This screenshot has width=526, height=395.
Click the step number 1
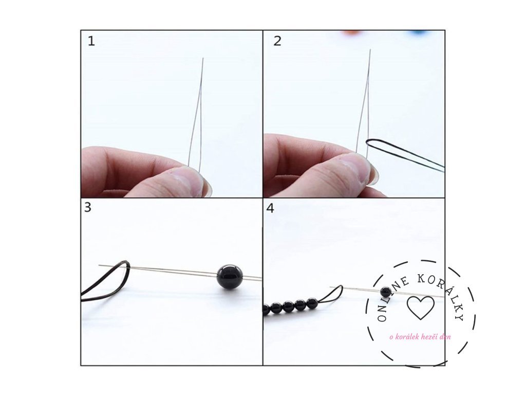pyautogui.click(x=91, y=41)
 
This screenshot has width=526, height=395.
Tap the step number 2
pyautogui.click(x=277, y=41)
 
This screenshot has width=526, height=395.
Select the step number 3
pyautogui.click(x=87, y=207)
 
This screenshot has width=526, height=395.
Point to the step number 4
pyautogui.click(x=270, y=208)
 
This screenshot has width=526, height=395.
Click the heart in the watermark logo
pyautogui.click(x=420, y=308)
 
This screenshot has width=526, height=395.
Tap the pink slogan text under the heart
pyautogui.click(x=420, y=336)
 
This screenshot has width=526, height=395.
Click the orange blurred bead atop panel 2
pyautogui.click(x=350, y=32)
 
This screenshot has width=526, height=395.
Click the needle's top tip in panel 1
pyautogui.click(x=203, y=58)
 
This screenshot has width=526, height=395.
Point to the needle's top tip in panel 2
pyautogui.click(x=370, y=50)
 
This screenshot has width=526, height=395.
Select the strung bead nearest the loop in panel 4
pyautogui.click(x=312, y=303)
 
